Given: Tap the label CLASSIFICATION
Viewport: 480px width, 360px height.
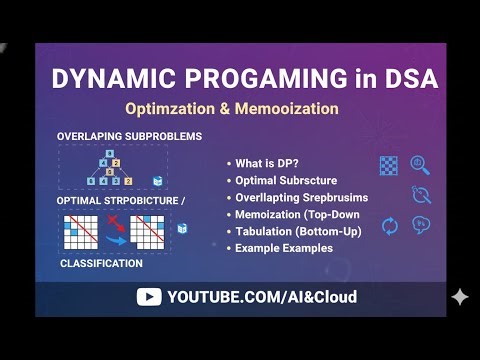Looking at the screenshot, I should (101, 264).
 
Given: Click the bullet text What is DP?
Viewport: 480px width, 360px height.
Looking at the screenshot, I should (270, 163).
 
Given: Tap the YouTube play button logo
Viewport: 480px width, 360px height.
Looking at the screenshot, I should (149, 297).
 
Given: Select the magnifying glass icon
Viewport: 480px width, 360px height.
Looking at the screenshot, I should (420, 165).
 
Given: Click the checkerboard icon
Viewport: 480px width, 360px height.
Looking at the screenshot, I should (389, 166).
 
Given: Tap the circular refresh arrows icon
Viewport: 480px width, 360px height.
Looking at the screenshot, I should (390, 226).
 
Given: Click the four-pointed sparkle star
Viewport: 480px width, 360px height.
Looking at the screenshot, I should (459, 297).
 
